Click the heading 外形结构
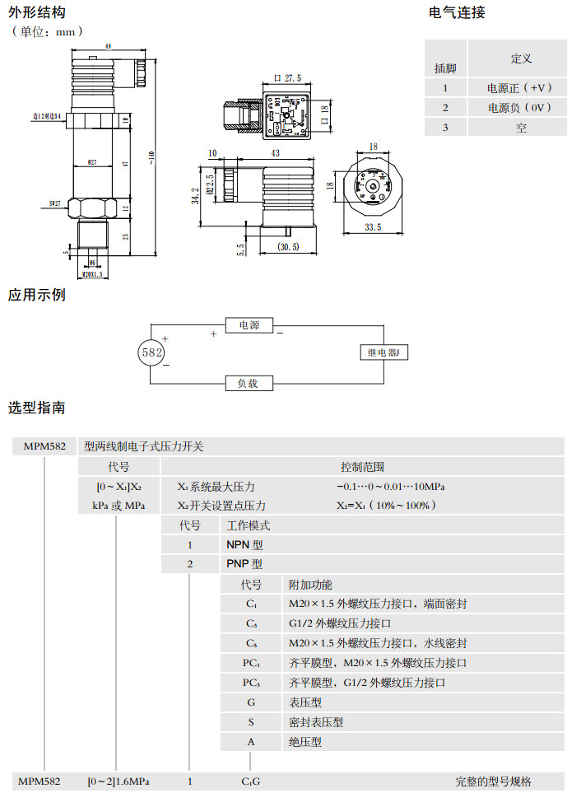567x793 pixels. click(37, 12)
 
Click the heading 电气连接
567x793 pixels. click(458, 12)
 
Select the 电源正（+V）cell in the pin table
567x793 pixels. click(520, 87)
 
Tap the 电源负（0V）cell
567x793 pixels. click(520, 108)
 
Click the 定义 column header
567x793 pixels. click(521, 58)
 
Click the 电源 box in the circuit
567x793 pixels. click(249, 326)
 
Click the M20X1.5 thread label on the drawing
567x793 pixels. click(92, 274)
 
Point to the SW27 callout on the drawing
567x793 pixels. click(55, 202)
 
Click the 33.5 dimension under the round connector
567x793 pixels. click(373, 227)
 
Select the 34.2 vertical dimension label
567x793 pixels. click(195, 197)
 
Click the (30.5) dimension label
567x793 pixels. click(288, 247)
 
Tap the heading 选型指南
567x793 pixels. click(37, 408)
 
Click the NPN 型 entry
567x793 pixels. click(244, 544)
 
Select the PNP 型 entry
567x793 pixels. click(244, 564)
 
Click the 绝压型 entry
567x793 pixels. click(304, 742)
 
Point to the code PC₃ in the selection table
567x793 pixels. click(251, 683)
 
